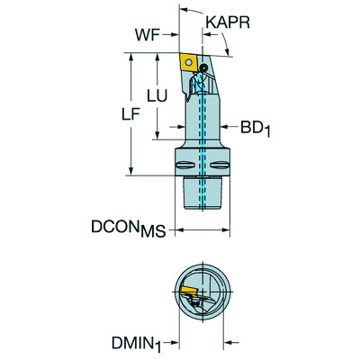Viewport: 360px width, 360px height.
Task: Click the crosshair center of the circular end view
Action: (x=203, y=294)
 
